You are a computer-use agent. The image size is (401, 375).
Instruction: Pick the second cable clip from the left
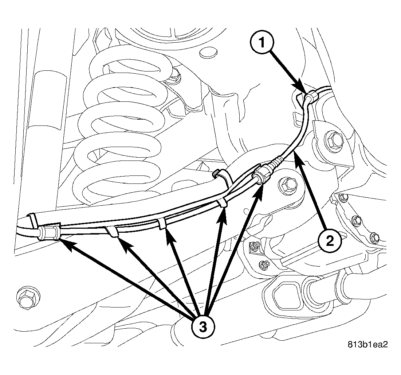coord(113,231)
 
